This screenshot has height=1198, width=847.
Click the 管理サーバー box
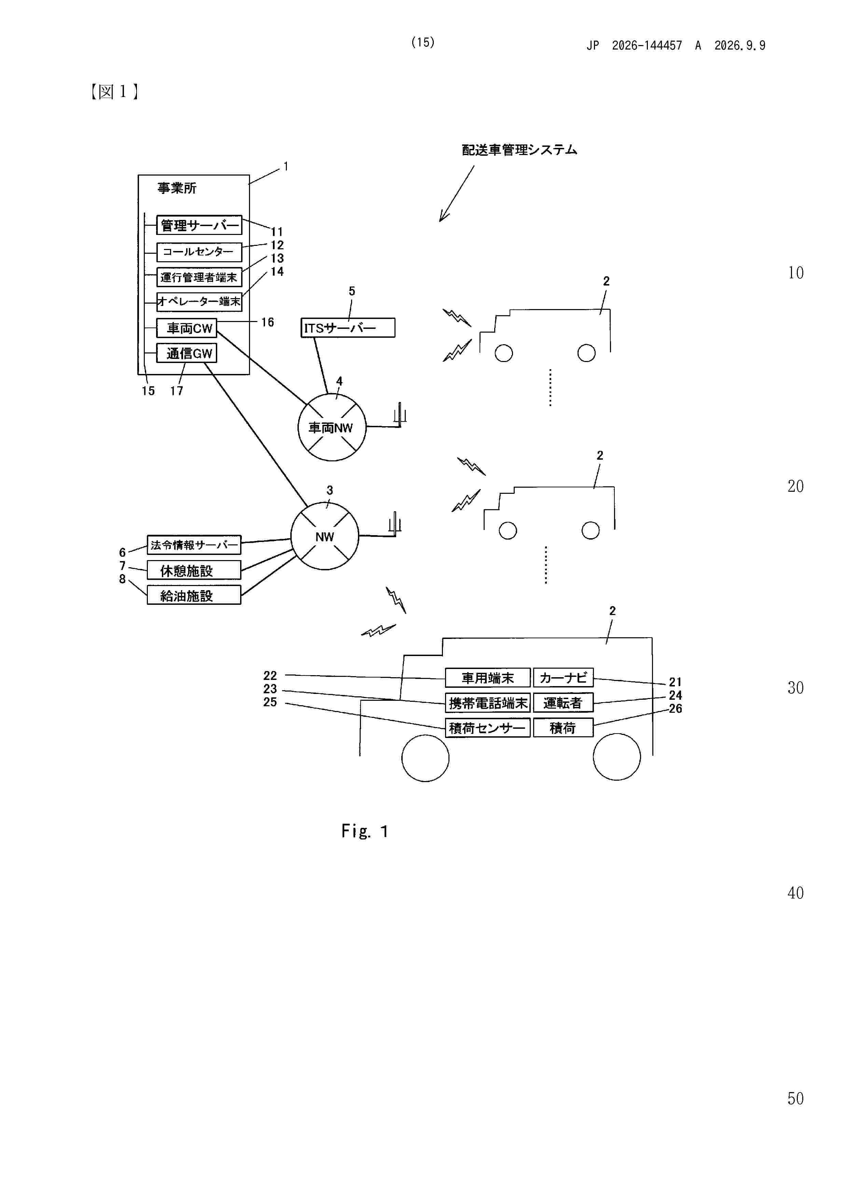[199, 225]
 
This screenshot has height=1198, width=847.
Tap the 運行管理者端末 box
[199, 277]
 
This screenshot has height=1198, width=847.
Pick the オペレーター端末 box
[199, 302]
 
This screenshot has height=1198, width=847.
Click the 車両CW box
[187, 328]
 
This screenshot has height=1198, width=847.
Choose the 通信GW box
[187, 353]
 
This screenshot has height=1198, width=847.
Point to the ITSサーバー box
[348, 328]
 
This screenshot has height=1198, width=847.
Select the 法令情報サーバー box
[194, 545]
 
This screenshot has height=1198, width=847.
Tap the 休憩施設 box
[194, 570]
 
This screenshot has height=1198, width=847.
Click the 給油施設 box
[194, 595]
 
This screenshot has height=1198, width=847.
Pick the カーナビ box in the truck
[563, 678]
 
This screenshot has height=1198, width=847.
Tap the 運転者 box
[563, 703]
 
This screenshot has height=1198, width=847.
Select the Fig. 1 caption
[365, 831]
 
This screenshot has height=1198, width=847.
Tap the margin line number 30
[795, 688]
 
